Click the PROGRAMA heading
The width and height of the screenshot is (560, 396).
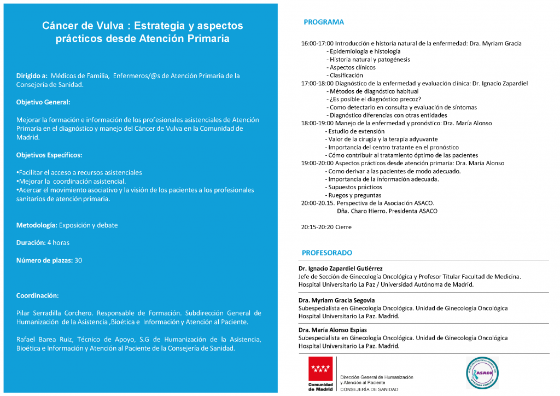[324, 22]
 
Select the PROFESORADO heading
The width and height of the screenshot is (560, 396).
[327, 253]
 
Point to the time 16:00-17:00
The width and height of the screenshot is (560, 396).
[317, 44]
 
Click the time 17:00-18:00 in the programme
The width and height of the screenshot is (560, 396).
[317, 84]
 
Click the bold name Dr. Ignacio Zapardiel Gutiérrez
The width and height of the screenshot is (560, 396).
[340, 269]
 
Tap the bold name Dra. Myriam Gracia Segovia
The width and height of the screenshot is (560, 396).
[336, 300]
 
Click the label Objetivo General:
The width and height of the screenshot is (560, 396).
[43, 102]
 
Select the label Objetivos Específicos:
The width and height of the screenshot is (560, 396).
[49, 155]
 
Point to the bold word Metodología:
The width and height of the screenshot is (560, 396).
[37, 225]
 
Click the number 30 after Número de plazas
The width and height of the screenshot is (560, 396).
[78, 260]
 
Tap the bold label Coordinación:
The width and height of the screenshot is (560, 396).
[37, 295]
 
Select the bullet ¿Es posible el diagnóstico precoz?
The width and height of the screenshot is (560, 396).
[374, 100]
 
